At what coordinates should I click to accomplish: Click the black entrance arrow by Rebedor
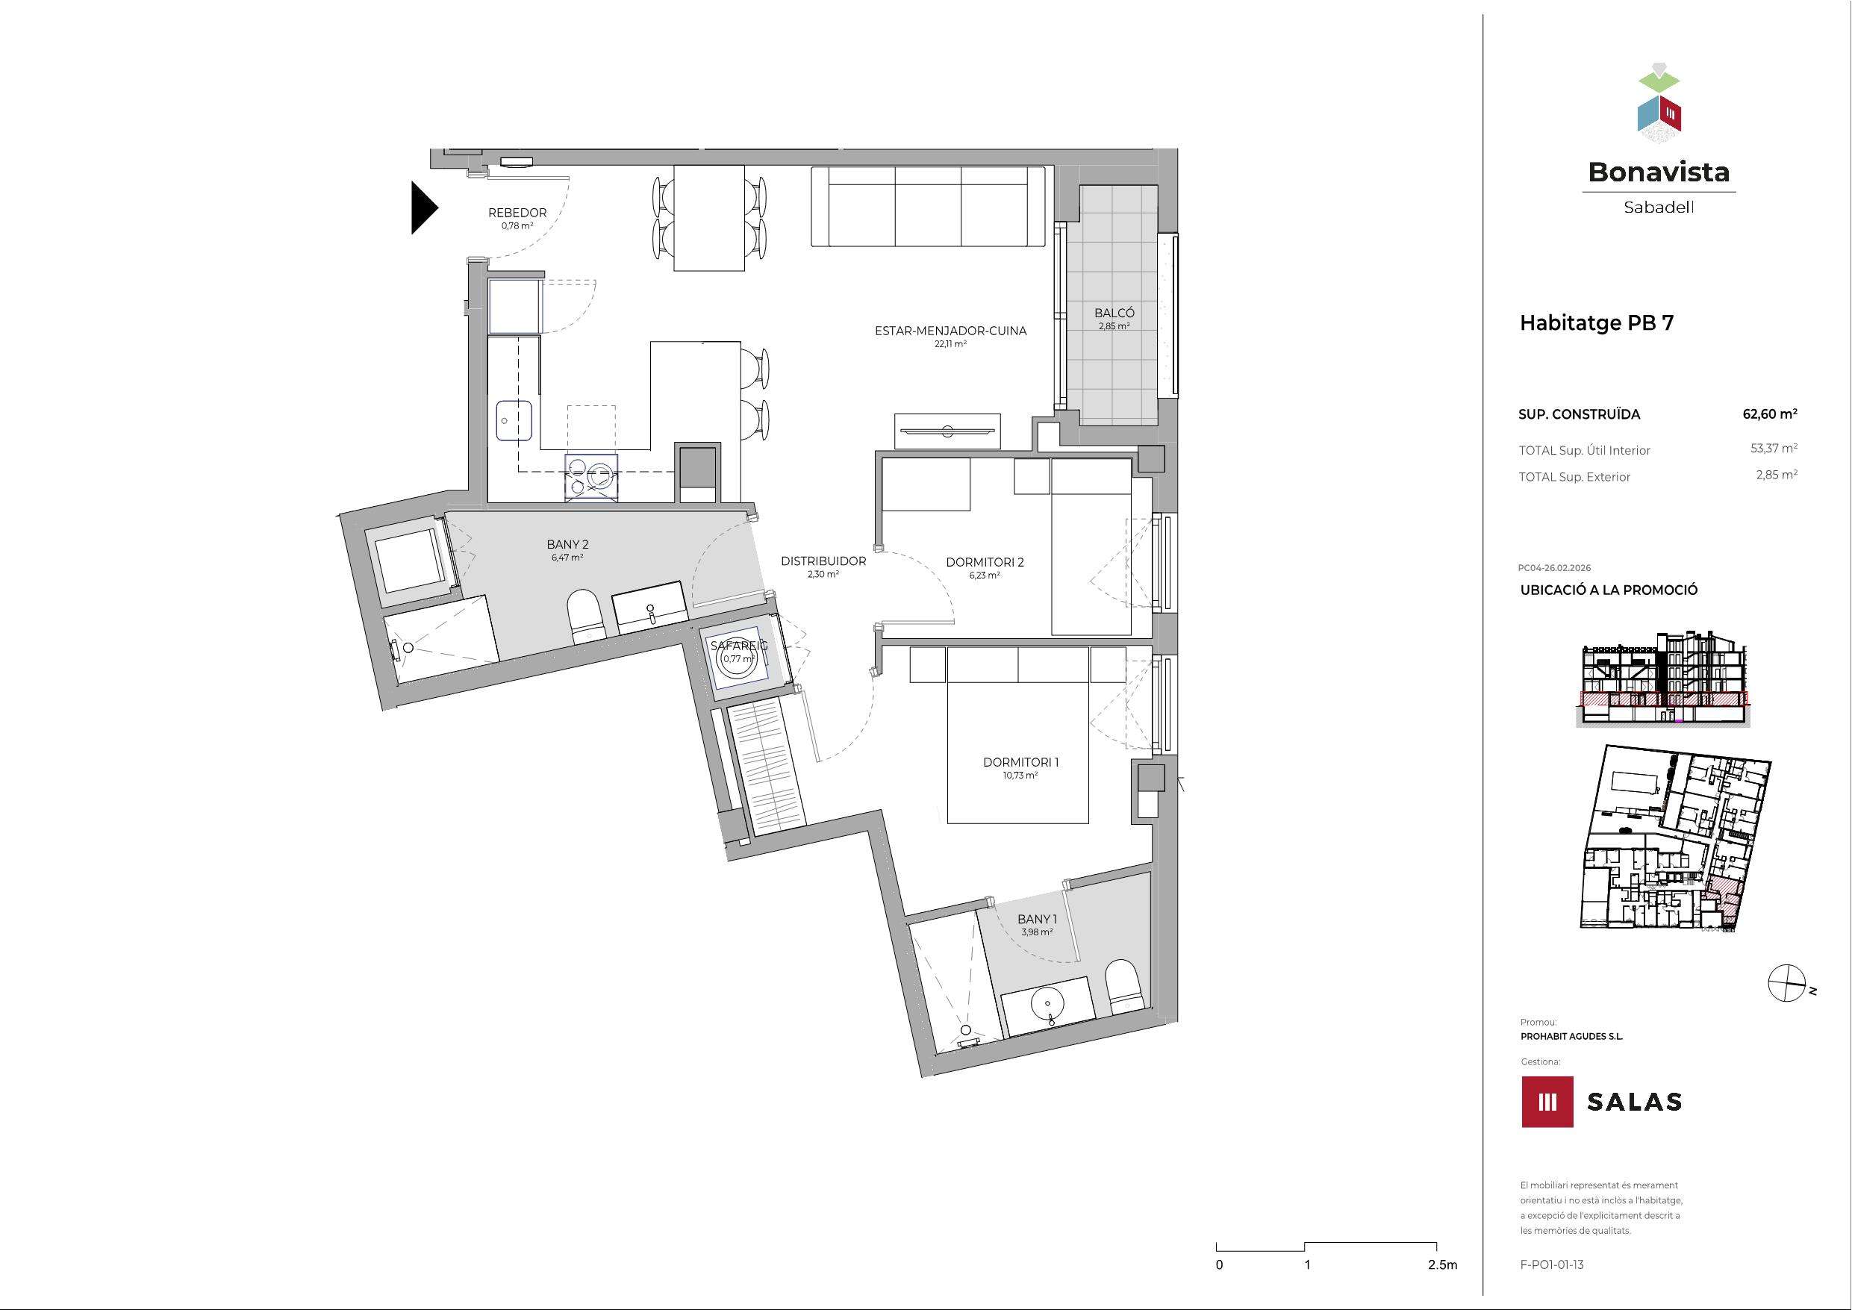423,208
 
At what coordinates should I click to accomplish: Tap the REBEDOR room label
517,213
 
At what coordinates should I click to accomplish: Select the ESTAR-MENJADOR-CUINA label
950,331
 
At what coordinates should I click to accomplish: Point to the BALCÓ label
1114,313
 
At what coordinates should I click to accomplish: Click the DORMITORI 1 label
1020,762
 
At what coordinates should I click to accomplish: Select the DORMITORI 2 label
984,562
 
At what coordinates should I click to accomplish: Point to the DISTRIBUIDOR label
823,561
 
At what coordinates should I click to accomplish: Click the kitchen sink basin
514,420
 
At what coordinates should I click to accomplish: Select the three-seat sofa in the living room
928,207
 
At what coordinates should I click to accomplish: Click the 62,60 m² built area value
1770,414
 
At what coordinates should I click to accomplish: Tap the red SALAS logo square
1547,1101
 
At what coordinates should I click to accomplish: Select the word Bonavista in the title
1659,171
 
